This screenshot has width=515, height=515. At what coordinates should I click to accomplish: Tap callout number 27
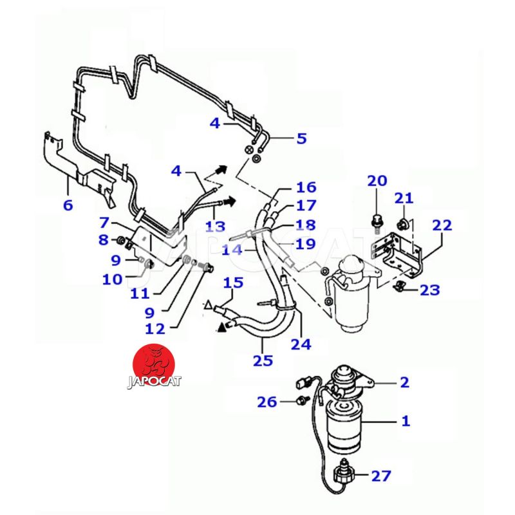click(380, 476)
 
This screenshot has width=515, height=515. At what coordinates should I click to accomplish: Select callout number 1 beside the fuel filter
click(406, 422)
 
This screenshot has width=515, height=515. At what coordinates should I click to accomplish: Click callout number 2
click(404, 382)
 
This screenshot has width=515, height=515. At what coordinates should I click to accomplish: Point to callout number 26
click(268, 402)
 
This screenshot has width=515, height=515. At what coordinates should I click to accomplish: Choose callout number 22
click(442, 226)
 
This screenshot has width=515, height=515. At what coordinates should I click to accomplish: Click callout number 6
click(68, 205)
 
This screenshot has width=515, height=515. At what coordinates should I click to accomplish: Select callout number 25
click(262, 360)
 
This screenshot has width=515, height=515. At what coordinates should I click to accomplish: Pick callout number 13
click(216, 227)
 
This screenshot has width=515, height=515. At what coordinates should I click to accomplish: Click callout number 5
click(301, 138)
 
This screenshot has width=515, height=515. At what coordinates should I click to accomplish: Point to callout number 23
click(429, 290)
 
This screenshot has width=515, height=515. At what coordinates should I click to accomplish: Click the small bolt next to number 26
click(300, 402)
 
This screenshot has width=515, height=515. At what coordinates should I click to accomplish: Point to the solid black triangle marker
click(223, 328)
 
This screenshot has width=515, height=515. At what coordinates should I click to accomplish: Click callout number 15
click(233, 283)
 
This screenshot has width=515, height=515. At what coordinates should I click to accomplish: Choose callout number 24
click(301, 344)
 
